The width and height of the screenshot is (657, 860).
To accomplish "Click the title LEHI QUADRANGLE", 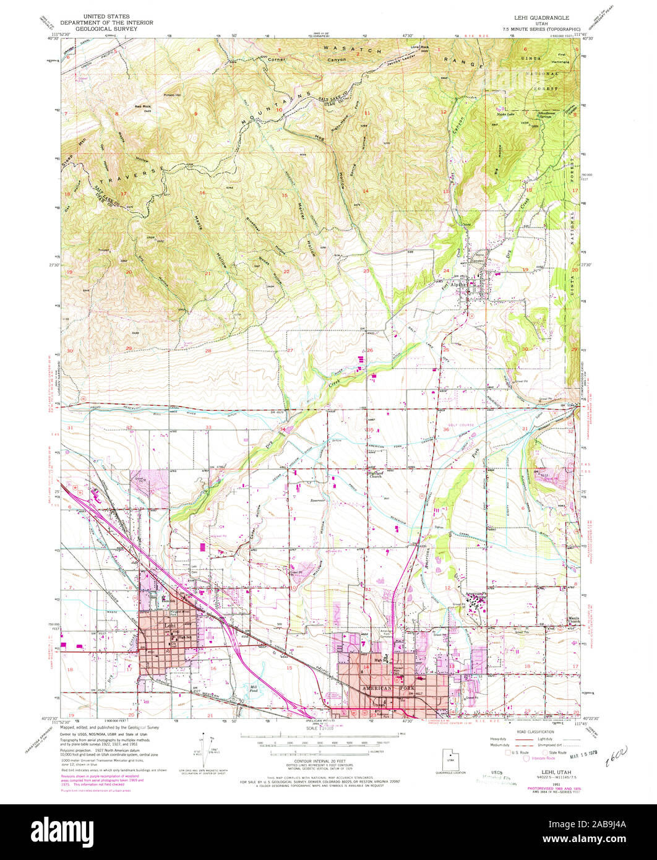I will point(536,18).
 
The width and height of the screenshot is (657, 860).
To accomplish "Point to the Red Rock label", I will point(143,106).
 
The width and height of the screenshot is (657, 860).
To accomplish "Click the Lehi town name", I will point(153,626).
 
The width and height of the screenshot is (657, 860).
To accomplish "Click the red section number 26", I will point(369,351).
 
